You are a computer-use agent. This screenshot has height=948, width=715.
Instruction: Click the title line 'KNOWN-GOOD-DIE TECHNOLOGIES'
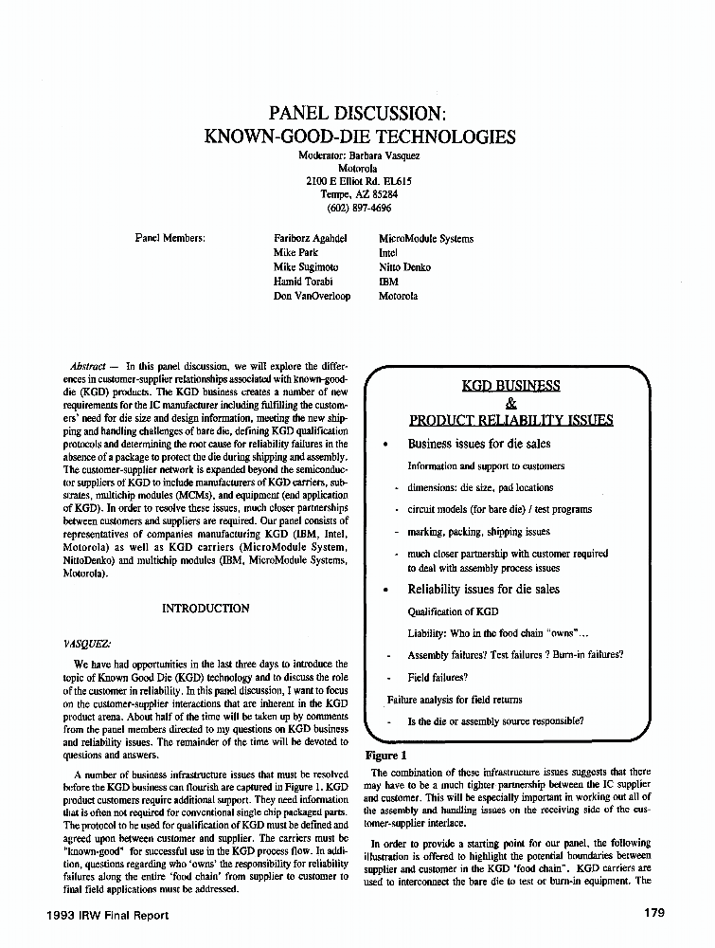point(359,137)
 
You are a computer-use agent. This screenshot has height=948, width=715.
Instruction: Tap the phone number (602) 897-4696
point(359,207)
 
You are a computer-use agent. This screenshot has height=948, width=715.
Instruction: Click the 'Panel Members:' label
point(171,239)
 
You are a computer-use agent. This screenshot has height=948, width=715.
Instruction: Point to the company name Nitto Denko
point(404,267)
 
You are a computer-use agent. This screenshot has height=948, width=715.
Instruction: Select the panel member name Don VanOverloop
point(312,296)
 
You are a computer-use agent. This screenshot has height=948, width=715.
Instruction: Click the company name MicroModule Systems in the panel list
point(425,239)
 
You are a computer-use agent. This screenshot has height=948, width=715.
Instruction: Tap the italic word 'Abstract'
point(87,365)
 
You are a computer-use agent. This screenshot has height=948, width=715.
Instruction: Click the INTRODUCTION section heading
point(206,609)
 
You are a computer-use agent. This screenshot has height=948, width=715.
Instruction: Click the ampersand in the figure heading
point(510,403)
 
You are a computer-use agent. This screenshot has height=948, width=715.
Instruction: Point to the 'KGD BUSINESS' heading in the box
point(510,386)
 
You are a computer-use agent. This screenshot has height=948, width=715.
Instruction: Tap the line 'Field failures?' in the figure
point(438,678)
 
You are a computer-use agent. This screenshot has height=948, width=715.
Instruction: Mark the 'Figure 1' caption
point(385,756)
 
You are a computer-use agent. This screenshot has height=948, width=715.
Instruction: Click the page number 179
point(652,914)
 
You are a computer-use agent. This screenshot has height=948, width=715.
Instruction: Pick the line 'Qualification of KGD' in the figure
point(453,612)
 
